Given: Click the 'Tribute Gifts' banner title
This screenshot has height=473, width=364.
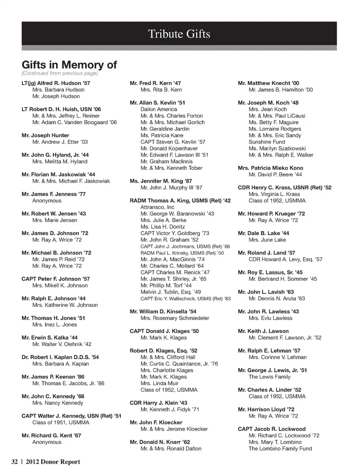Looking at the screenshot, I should pyautogui.click(x=179, y=34).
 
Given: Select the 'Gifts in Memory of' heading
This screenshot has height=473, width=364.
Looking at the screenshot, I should pyautogui.click(x=69, y=65).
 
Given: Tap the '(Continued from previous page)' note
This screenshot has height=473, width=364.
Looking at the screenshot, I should pyautogui.click(x=60, y=73).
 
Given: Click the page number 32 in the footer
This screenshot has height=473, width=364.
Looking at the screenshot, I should pyautogui.click(x=14, y=462).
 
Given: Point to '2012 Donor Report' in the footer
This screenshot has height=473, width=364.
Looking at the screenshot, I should pyautogui.click(x=53, y=462).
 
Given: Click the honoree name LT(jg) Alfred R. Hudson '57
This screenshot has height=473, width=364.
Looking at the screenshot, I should pyautogui.click(x=56, y=83).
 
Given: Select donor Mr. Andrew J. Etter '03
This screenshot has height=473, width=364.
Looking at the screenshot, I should pyautogui.click(x=60, y=142).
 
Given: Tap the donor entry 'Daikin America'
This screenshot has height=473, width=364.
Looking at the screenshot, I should pyautogui.click(x=158, y=109).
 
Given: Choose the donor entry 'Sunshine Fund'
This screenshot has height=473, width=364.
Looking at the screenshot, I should pyautogui.click(x=267, y=142).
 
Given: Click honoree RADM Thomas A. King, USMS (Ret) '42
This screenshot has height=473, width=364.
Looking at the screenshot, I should pyautogui.click(x=180, y=201).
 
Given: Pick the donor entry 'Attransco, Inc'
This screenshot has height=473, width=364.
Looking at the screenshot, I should pyautogui.click(x=157, y=207).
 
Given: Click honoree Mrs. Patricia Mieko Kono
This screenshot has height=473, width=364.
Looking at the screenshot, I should pyautogui.click(x=270, y=168).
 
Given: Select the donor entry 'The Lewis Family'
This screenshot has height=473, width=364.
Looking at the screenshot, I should pyautogui.click(x=269, y=377).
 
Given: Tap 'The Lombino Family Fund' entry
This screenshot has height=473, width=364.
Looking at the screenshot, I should pyautogui.click(x=280, y=449).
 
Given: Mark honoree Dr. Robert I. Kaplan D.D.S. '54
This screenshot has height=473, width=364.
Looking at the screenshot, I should pyautogui.click(x=60, y=357).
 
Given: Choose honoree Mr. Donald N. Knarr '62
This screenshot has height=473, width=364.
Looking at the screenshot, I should pyautogui.click(x=160, y=442).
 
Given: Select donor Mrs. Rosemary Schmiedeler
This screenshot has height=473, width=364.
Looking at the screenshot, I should pyautogui.click(x=175, y=318).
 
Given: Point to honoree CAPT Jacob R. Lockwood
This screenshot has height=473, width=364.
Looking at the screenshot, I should pyautogui.click(x=271, y=429).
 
